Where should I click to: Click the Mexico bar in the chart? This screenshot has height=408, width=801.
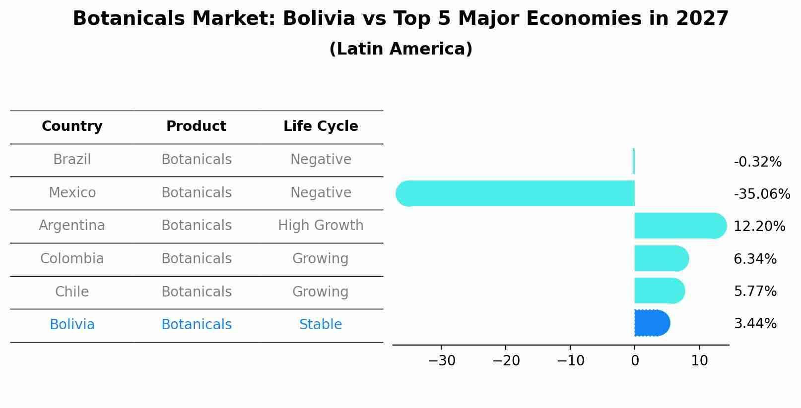(x=516, y=193)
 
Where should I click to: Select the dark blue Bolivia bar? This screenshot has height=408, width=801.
(x=652, y=323)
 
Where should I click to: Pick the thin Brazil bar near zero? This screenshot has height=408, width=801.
(x=634, y=161)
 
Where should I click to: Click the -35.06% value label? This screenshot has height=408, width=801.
(x=761, y=194)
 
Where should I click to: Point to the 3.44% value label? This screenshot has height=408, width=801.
(x=755, y=324)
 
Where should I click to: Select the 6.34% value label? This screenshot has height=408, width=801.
(x=755, y=259)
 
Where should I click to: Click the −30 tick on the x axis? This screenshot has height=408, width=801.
(x=441, y=361)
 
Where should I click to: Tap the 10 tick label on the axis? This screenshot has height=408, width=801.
(x=699, y=361)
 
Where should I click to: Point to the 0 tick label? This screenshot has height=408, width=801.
(x=635, y=361)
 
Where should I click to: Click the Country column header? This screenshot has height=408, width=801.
(x=72, y=126)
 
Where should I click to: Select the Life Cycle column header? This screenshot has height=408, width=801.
(x=321, y=126)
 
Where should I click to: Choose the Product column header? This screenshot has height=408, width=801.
(x=196, y=126)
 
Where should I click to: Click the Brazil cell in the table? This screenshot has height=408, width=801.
(x=72, y=160)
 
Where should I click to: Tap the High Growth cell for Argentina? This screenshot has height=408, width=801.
(x=321, y=226)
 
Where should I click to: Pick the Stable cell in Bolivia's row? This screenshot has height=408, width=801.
(x=321, y=325)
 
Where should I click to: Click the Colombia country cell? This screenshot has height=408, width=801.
(x=72, y=259)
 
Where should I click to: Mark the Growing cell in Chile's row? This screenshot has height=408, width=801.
(x=321, y=291)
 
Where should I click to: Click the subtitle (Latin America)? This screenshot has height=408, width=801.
(x=400, y=49)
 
